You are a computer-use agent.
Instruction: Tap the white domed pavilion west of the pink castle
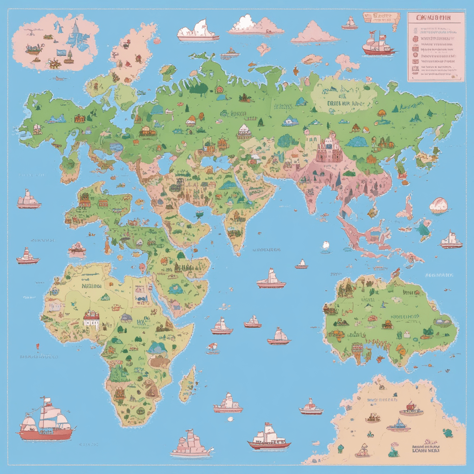pos(244,131)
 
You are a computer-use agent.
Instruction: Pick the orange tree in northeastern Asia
pos(381,113)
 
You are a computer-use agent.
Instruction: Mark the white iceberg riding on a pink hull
pos(197,30)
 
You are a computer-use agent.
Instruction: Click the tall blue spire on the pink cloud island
pos(77,31)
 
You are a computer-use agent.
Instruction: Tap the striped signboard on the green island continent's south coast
pos(358,348)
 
